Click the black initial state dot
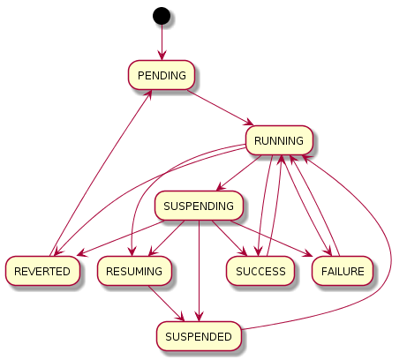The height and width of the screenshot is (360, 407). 161,15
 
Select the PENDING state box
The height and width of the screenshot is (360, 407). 161,76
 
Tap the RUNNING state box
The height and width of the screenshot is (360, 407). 278,140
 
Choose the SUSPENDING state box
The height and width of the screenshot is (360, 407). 200,206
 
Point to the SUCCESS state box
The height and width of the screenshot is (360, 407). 260,271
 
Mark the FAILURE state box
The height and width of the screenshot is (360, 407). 342,271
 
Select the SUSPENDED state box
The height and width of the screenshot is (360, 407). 200,336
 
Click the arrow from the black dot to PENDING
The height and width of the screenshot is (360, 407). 161,42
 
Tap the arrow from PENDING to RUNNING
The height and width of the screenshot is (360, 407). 221,109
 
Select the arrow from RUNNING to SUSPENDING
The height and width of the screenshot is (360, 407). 240,173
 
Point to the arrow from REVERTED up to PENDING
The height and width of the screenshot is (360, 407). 102,168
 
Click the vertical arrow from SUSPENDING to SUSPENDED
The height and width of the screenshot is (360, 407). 200,265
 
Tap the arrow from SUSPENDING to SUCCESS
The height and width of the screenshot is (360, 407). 231,239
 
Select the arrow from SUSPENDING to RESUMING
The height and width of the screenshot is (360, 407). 168,237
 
